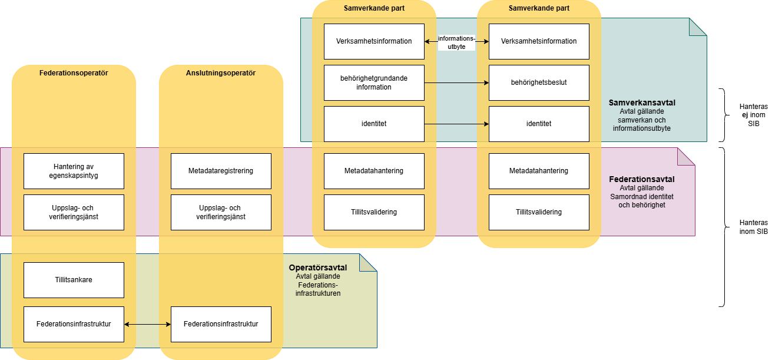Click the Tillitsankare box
[x=74, y=280]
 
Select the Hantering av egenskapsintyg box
[x=74, y=171]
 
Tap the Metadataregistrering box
[x=221, y=171]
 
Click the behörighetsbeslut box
[x=539, y=82]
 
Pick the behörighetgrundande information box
[x=374, y=82]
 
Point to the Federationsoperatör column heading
[x=74, y=73]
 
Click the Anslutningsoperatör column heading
[x=221, y=73]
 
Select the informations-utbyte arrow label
[x=456, y=42]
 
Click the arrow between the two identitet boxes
[x=456, y=124]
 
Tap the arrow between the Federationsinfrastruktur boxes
[x=147, y=324]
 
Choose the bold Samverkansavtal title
[x=642, y=103]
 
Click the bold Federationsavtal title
[x=641, y=179]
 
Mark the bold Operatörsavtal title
[x=318, y=267]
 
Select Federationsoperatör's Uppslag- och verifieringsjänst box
[x=74, y=212]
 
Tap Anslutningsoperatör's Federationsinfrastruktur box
[x=221, y=324]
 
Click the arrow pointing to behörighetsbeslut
[x=456, y=82]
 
